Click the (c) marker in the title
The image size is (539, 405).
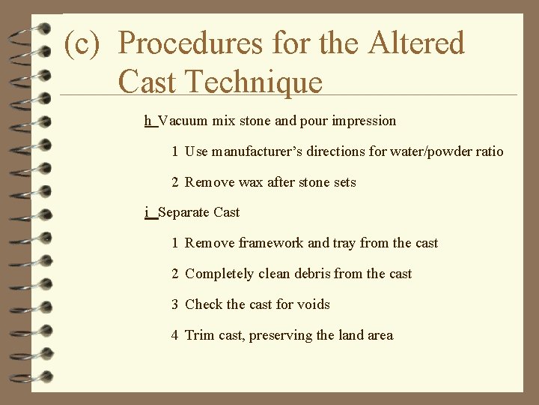[82, 44]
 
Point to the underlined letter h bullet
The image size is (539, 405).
[148, 121]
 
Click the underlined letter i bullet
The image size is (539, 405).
[147, 212]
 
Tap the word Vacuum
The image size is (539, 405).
[183, 121]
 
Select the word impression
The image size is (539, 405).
[365, 121]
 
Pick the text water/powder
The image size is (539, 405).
[431, 151]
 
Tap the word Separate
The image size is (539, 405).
[184, 212]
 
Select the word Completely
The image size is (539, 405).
[219, 274]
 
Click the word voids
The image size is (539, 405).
[313, 304]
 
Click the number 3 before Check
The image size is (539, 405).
[174, 304]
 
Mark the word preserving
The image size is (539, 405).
[281, 335]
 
